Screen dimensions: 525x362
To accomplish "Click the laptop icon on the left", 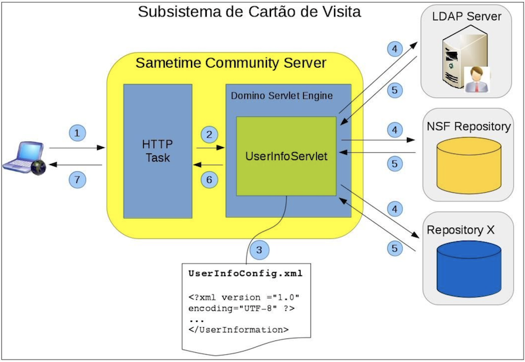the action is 24,158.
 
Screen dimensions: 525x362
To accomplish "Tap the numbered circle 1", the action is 77,133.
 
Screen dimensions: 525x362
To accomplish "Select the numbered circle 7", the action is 77,180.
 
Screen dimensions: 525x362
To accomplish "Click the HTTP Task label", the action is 157,151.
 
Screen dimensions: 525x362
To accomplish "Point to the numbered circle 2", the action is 209,134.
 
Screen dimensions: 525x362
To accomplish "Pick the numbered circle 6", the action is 209,180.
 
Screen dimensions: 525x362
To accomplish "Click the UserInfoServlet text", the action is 286,156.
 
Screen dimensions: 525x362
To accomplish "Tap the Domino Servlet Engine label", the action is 282,96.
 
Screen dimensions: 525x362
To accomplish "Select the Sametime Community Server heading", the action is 231,63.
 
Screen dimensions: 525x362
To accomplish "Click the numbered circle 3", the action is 259,250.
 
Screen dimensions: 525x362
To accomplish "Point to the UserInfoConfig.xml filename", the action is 245,273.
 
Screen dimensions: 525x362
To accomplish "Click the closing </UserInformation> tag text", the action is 238,330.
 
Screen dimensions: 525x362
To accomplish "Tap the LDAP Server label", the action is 467,16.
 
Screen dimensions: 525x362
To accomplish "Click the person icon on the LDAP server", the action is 476,79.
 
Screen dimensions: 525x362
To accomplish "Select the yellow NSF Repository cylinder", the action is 469,165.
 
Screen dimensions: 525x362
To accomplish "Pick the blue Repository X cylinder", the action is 469,269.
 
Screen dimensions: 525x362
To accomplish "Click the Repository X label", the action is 461,230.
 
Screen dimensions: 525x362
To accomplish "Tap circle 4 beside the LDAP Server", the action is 395,49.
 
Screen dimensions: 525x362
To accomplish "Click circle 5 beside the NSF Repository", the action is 395,163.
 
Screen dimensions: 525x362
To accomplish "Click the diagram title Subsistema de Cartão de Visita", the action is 249,12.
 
